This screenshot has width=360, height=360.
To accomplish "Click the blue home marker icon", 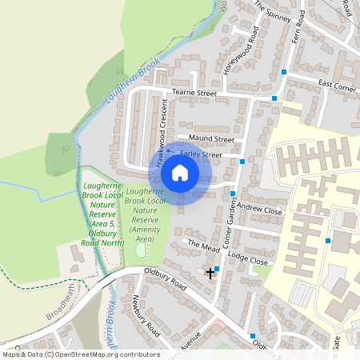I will [180, 172].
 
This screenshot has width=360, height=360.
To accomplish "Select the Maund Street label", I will [200, 139].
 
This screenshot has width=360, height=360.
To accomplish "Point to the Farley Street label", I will [201, 154].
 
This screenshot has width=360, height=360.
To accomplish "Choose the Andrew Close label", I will [260, 210].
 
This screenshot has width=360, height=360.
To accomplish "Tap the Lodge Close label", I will [247, 262].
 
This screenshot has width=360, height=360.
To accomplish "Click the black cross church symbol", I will [210, 273].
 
